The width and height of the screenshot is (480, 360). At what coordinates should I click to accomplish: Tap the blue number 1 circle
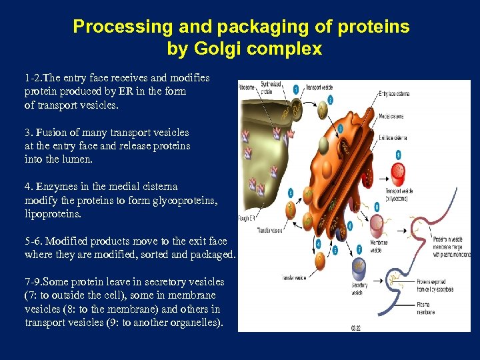(x=295, y=89)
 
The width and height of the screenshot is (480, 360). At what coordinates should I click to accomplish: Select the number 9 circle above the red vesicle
(x=399, y=154)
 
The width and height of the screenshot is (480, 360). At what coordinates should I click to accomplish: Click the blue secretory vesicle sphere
(x=359, y=268)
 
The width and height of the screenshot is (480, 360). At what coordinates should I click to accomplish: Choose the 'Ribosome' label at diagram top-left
(x=247, y=87)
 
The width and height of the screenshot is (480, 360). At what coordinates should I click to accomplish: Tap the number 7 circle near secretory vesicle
(x=359, y=249)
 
